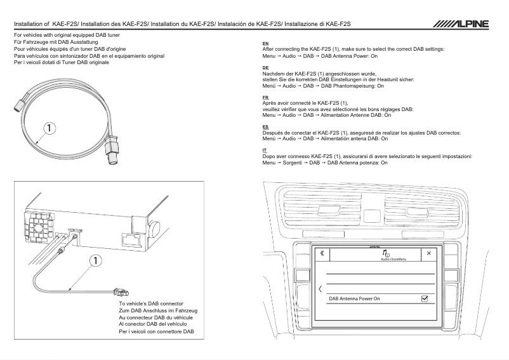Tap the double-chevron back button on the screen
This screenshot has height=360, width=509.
(x=322, y=253)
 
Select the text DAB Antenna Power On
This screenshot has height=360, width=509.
(x=355, y=298)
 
